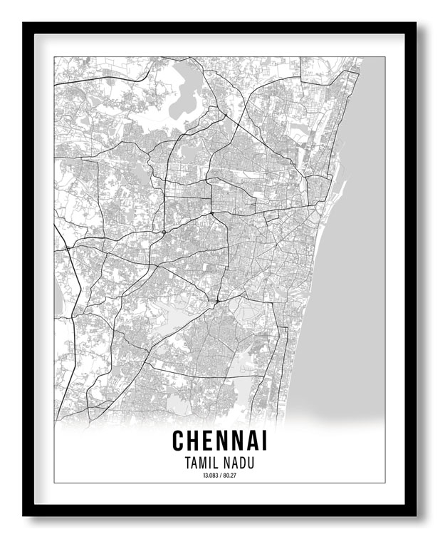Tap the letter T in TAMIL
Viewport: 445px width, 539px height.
click(x=187, y=463)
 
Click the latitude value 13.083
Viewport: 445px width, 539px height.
click(x=209, y=476)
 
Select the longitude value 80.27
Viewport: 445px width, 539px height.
click(x=230, y=476)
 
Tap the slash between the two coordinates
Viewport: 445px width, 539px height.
click(x=220, y=476)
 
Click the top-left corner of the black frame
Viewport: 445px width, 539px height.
click(x=24, y=24)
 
